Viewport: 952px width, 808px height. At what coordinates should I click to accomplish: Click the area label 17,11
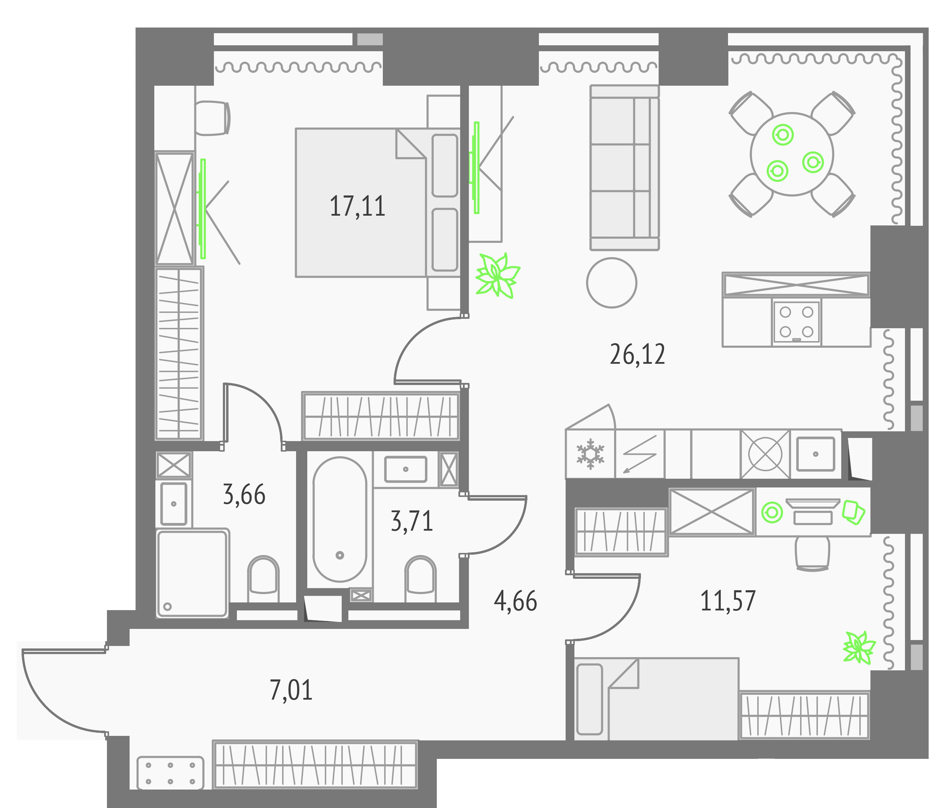[x=357, y=206]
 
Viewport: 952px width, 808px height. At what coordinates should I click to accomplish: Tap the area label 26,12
[x=637, y=354]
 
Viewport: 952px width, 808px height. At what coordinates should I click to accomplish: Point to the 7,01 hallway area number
[x=291, y=690]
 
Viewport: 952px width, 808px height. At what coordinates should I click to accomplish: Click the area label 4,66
[x=515, y=601]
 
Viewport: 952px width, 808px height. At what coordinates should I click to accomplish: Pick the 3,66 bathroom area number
[x=244, y=495]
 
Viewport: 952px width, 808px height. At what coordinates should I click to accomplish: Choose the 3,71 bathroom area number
[x=412, y=521]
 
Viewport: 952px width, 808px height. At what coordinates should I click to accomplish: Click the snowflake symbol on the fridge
[x=590, y=454]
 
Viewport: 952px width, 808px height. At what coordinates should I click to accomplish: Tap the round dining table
[x=792, y=154]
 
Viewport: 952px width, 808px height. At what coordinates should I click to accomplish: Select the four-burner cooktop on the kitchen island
[x=796, y=322]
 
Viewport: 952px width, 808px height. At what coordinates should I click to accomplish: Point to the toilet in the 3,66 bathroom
[x=263, y=579]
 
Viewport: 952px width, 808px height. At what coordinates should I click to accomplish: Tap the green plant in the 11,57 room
[x=859, y=648]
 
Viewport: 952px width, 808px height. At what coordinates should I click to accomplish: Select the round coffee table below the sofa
[x=611, y=283]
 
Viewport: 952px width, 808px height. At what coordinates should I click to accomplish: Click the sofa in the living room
[x=625, y=168]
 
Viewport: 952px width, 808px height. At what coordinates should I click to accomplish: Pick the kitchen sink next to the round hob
[x=815, y=454]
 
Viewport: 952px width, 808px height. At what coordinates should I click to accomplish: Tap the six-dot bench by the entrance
[x=170, y=773]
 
